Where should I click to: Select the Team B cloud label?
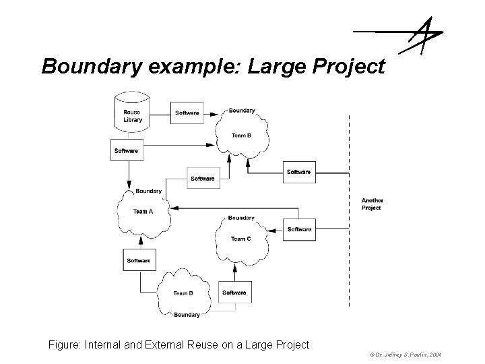241,135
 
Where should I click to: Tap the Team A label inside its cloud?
143,212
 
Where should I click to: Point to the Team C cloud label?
241,239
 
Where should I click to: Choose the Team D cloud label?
183,293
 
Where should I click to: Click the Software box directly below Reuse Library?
126,150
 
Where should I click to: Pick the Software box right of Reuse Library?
187,113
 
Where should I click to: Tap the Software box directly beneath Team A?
138,260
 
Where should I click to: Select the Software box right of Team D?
234,293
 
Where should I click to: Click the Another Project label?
372,204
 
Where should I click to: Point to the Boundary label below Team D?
187,315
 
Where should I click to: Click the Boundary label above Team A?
148,191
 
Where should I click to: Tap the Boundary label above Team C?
241,218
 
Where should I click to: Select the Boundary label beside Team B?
242,111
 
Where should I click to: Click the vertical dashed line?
350,209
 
